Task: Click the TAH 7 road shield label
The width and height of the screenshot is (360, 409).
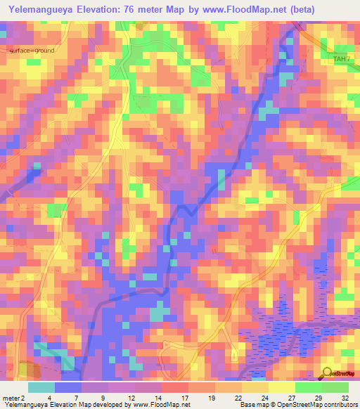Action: [x=340, y=58]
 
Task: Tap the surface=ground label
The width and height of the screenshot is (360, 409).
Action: [x=32, y=51]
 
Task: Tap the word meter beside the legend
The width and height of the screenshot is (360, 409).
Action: [x=10, y=398]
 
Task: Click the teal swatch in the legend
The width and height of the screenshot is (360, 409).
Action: [x=41, y=387]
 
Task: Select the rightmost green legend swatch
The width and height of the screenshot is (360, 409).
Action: [x=335, y=387]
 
